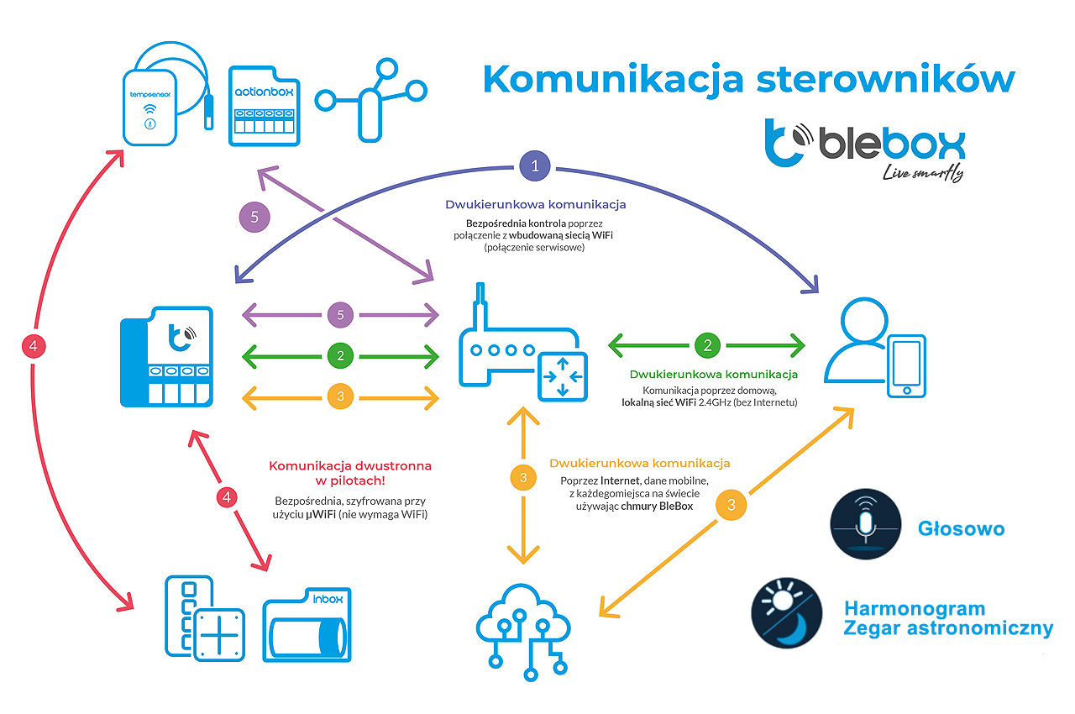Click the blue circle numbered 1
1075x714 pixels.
[536, 165]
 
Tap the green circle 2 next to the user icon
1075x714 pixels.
[707, 344]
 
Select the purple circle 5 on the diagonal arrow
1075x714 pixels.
[254, 218]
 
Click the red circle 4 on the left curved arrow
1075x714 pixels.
[35, 344]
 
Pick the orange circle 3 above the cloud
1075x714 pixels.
[523, 478]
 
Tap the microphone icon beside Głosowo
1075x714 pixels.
[866, 524]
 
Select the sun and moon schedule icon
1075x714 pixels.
[786, 612]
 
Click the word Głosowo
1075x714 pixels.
[961, 528]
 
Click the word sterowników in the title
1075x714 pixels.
[886, 79]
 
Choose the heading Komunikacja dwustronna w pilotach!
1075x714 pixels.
[350, 473]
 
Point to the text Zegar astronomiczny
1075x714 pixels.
[948, 628]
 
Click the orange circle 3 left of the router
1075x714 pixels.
[340, 395]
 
